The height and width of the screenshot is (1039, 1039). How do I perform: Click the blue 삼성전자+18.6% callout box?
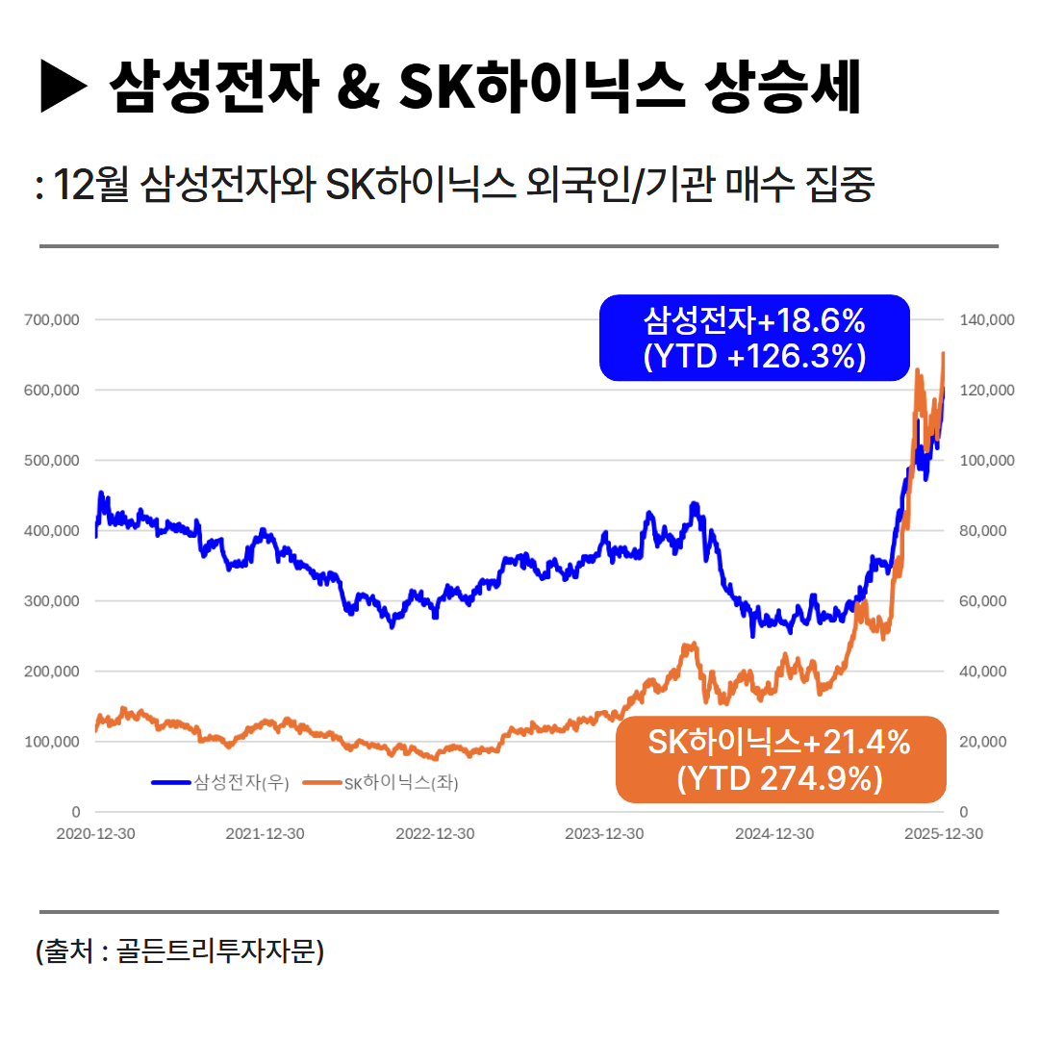(754, 337)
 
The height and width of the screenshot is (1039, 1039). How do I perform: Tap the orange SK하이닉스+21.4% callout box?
(779, 759)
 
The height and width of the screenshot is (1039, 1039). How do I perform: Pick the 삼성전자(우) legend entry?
(220, 783)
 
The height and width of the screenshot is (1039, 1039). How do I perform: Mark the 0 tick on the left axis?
(76, 812)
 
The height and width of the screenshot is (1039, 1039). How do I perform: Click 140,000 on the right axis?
(986, 319)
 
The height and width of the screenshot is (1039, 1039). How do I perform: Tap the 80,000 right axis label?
(982, 531)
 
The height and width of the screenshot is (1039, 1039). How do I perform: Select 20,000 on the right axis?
(982, 742)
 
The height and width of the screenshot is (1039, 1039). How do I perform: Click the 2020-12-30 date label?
(95, 834)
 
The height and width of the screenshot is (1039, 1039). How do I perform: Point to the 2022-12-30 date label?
(435, 834)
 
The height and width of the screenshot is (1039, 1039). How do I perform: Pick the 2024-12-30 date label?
(774, 834)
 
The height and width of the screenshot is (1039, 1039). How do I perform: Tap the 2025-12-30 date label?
(944, 834)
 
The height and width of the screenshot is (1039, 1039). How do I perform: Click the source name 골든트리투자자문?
(219, 951)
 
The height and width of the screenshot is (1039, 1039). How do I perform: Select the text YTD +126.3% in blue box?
(754, 357)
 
